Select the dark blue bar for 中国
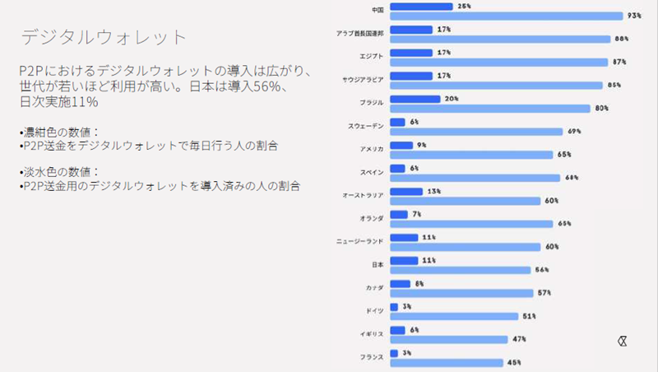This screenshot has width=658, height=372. point(420,6)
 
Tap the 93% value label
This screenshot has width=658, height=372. point(634,16)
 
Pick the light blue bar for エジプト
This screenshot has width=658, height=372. point(498,62)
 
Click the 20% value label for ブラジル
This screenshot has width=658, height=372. point(452,99)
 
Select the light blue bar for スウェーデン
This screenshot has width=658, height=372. point(475,132)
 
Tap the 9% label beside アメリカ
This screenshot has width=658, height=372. point(422,145)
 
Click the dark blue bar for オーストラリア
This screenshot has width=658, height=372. point(406,191)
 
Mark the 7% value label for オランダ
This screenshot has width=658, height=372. point(417,214)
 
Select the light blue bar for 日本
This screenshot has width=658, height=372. point(459,270)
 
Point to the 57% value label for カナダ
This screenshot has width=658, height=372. point(544,293)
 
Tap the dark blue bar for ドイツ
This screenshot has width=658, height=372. point(394,307)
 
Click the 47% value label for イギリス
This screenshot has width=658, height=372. point(519,339)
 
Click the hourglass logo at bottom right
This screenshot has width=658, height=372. point(623,341)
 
